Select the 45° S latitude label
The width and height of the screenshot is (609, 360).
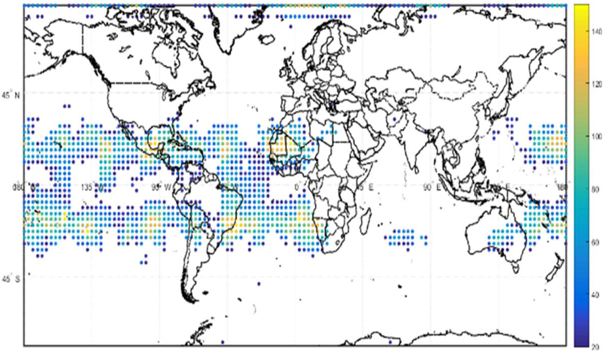11,279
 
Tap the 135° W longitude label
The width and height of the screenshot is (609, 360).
91,188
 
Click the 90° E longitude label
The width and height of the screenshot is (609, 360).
428,188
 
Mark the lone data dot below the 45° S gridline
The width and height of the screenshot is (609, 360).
259,284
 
